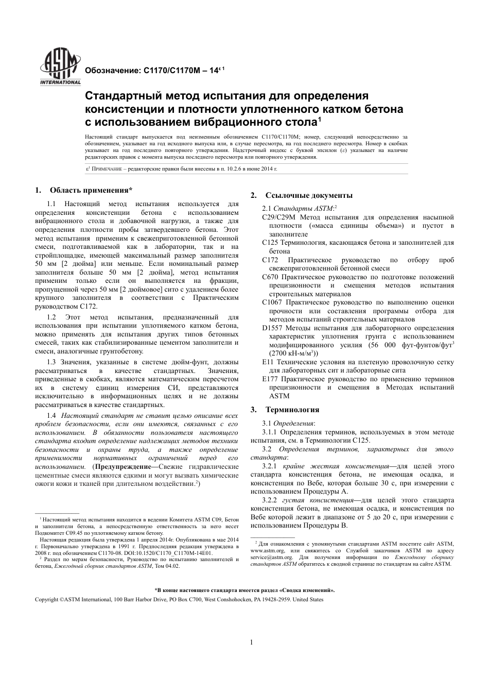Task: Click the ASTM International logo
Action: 60,67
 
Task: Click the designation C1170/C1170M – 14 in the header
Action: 153,71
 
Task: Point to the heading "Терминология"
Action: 292,410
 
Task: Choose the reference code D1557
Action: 272,328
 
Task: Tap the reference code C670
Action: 271,277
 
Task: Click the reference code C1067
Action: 273,302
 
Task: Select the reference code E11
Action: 268,362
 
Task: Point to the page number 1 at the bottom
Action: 251,642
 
